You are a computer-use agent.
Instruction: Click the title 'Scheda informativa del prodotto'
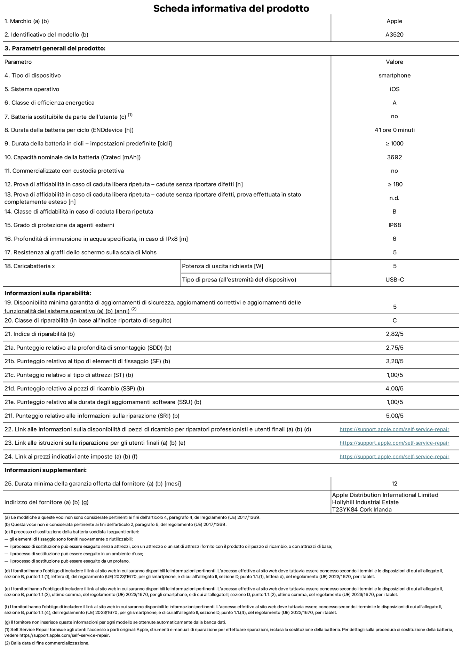pos(231,8)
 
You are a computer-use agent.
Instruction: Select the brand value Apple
pos(394,21)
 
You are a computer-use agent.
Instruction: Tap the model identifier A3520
pos(394,35)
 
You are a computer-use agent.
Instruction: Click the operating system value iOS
pos(394,89)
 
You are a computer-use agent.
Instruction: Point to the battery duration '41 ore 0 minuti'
pos(394,130)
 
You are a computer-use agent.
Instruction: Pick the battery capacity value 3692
pos(394,157)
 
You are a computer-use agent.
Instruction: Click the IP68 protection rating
pos(394,225)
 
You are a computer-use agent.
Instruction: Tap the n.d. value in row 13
pos(394,198)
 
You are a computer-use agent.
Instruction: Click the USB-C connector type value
pos(395,280)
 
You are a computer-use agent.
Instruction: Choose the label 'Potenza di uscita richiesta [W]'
pos(223,266)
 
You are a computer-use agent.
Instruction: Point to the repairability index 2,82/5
pos(395,334)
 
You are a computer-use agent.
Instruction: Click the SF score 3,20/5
pos(395,361)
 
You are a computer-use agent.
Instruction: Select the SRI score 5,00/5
pos(395,416)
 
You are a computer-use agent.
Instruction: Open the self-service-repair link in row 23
pos(394,443)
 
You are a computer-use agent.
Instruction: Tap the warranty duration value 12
pos(394,484)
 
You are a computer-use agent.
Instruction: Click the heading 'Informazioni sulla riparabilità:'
pos(48,293)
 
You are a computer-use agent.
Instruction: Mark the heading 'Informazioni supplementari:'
pos(46,470)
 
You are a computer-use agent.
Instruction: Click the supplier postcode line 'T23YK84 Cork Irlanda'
pos(362,510)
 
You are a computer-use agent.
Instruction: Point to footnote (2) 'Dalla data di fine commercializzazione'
pos(47,643)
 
